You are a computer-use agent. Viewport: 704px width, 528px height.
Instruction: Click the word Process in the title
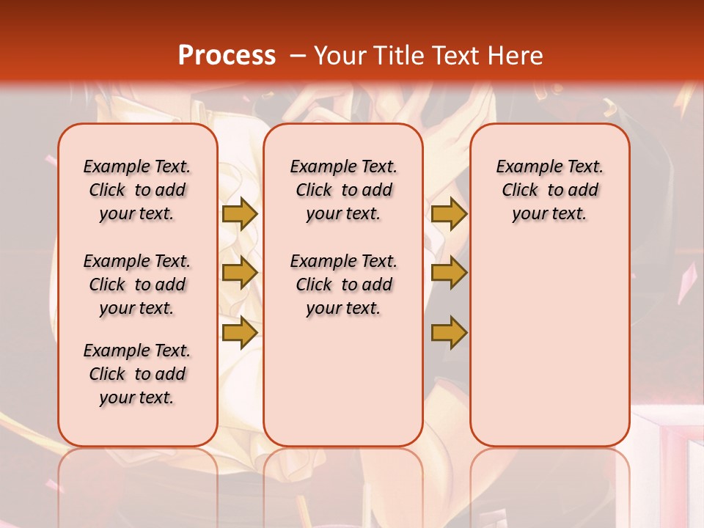point(227,56)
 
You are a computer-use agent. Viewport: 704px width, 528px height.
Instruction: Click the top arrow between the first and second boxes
point(240,214)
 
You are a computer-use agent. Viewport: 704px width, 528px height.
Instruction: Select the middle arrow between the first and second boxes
point(240,273)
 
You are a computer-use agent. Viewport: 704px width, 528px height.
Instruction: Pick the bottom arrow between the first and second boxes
point(240,332)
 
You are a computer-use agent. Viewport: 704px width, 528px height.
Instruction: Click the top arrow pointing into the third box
point(449,214)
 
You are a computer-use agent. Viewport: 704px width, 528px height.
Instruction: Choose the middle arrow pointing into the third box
point(449,273)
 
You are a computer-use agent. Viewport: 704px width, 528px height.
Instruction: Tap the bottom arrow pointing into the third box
point(449,332)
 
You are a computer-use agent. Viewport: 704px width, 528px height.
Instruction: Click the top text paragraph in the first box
point(137,190)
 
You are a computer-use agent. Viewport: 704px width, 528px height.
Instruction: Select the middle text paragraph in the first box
point(137,285)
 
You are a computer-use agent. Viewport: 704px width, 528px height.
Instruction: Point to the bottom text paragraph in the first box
point(137,374)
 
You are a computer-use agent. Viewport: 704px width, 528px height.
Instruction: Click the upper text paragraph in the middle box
point(343,190)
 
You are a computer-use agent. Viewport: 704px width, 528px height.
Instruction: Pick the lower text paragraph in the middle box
point(343,285)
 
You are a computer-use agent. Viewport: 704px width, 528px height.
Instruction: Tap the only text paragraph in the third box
point(550,190)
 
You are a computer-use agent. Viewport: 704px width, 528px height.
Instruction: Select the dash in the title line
point(298,56)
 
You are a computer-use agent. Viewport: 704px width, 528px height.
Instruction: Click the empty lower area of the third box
point(550,352)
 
